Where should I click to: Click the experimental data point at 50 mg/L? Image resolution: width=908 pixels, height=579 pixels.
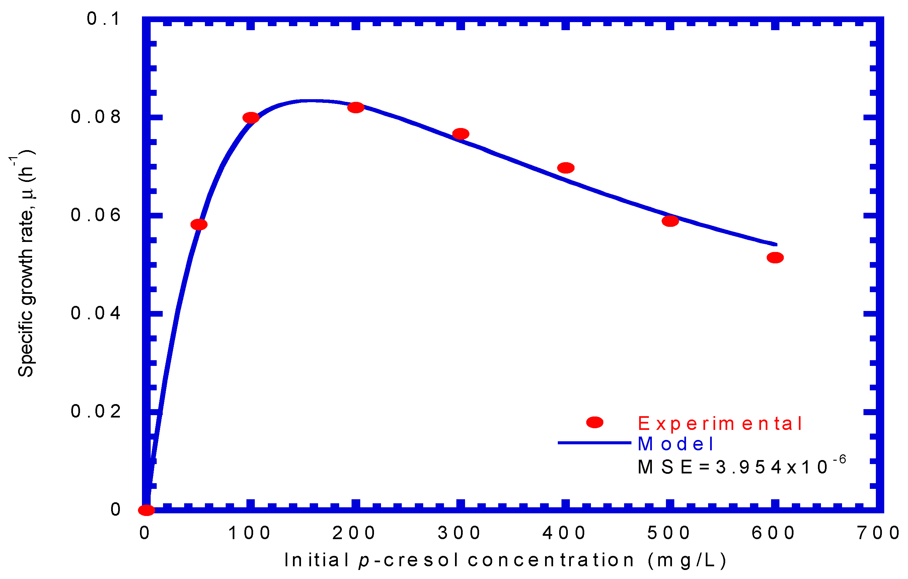pyautogui.click(x=199, y=224)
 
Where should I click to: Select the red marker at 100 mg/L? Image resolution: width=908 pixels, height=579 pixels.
pyautogui.click(x=251, y=118)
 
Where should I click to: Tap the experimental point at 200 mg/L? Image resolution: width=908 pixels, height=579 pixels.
pyautogui.click(x=356, y=108)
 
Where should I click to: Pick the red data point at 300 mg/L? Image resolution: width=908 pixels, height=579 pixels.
pyautogui.click(x=460, y=134)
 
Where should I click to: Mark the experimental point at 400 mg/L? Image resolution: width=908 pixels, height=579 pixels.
pyautogui.click(x=565, y=168)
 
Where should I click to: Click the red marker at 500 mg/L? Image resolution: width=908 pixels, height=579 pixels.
pyautogui.click(x=670, y=221)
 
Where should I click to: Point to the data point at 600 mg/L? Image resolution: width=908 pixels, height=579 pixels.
pyautogui.click(x=775, y=258)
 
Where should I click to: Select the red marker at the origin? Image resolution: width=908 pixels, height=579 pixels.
pyautogui.click(x=146, y=510)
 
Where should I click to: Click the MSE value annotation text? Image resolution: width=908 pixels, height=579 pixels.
pyautogui.click(x=741, y=467)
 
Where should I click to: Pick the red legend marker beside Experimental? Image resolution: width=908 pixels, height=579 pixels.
pyautogui.click(x=595, y=423)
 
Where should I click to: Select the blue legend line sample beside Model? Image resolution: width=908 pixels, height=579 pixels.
pyautogui.click(x=594, y=443)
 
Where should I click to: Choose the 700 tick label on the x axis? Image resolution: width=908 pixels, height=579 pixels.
pyautogui.click(x=879, y=533)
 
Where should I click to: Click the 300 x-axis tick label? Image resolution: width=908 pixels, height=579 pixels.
pyautogui.click(x=459, y=533)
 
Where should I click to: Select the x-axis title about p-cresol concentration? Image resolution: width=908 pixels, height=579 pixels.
pyautogui.click(x=505, y=560)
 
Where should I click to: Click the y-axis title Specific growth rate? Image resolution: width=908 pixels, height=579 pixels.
pyautogui.click(x=26, y=264)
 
